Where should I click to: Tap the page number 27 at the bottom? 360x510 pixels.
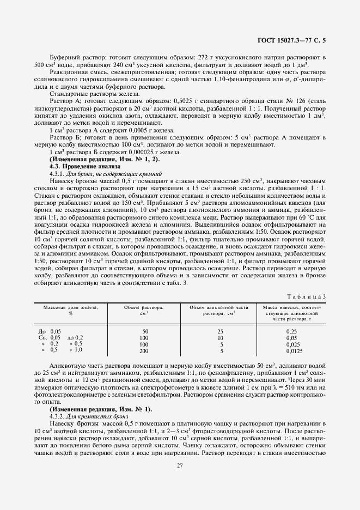click(x=179, y=465)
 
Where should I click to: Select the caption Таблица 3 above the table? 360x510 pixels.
click(x=308, y=295)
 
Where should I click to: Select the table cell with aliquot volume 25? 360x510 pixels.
click(x=219, y=331)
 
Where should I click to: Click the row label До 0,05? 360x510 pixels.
click(x=50, y=331)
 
